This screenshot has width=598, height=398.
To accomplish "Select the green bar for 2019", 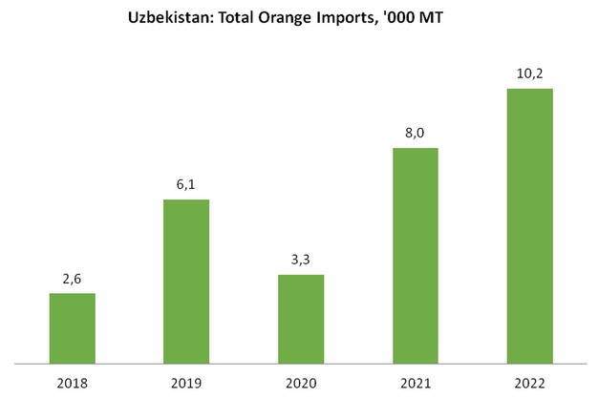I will pyautogui.click(x=186, y=282).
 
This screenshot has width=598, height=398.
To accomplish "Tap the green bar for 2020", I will pyautogui.click(x=301, y=319).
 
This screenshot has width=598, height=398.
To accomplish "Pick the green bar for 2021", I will pyautogui.click(x=416, y=256).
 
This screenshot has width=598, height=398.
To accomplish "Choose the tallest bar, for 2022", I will pyautogui.click(x=530, y=226).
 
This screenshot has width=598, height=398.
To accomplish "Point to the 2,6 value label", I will pyautogui.click(x=72, y=280).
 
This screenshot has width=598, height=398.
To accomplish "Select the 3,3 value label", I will pyautogui.click(x=301, y=261).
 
